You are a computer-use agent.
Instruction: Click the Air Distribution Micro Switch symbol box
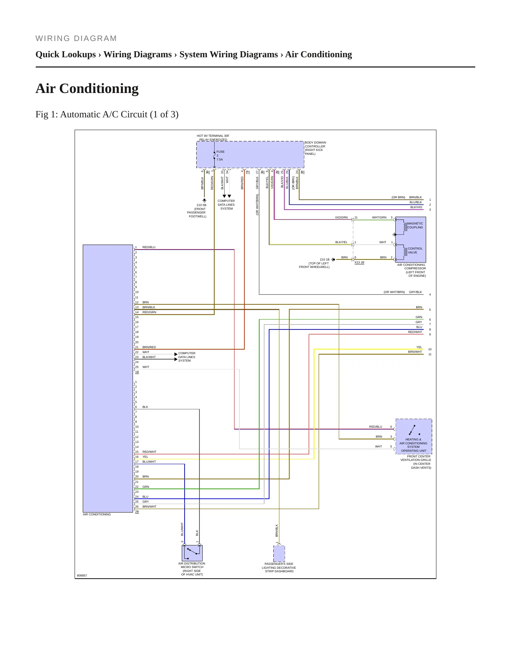[192, 553]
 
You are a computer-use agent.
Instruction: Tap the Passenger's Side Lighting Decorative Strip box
[279, 554]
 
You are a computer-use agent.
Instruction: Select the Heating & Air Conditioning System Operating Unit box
[414, 436]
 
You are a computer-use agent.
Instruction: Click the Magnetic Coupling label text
[415, 226]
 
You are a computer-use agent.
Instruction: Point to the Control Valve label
[415, 251]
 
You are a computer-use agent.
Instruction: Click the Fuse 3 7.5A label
[220, 156]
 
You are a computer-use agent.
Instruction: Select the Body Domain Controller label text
[315, 148]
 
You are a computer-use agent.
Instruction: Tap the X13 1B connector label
[359, 263]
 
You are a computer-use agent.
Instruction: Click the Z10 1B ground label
[325, 259]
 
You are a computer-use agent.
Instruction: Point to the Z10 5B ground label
[202, 205]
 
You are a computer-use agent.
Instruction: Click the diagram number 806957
[82, 575]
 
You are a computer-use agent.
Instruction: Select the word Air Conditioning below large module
[97, 514]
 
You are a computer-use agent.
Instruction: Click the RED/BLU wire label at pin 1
[149, 247]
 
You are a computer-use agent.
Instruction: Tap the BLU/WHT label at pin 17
[149, 462]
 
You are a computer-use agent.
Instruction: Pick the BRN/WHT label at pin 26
[149, 507]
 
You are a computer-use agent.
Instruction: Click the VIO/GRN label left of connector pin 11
[341, 217]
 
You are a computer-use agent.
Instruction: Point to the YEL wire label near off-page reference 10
[419, 347]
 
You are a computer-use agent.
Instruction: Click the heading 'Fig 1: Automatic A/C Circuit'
[107, 115]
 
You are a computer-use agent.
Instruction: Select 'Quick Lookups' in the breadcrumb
[66, 54]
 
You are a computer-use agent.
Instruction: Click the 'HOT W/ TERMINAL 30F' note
[213, 136]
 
